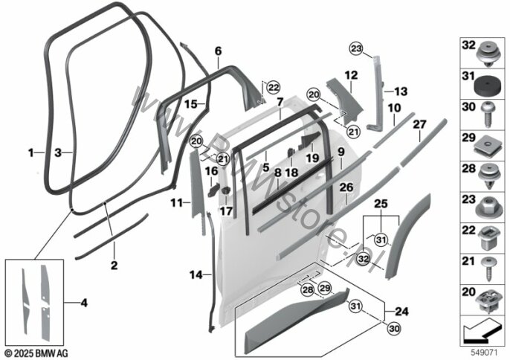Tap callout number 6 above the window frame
(x=218, y=51)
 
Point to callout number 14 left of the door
(x=194, y=275)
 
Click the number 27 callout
(x=419, y=125)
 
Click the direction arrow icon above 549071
(x=481, y=328)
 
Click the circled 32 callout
(x=364, y=258)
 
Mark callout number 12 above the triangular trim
(x=351, y=74)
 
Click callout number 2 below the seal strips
(x=113, y=264)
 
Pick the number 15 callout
(x=190, y=104)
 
